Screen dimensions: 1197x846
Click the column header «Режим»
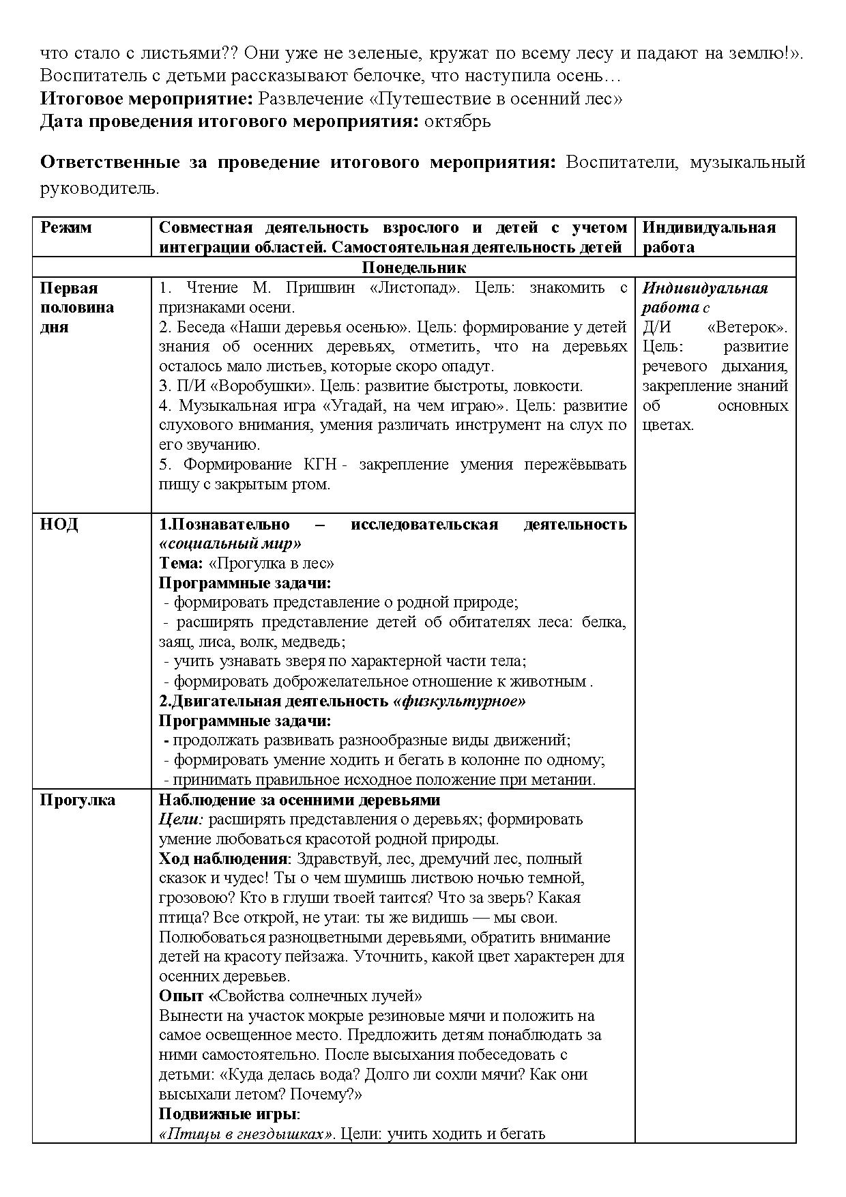(x=65, y=228)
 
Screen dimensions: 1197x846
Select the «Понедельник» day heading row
(x=413, y=268)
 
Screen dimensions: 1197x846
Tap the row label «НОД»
(x=59, y=525)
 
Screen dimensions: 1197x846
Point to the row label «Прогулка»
(x=77, y=801)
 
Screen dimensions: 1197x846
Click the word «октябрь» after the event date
(x=457, y=122)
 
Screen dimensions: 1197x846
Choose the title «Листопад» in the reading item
(x=414, y=288)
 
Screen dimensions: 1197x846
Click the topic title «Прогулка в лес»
(x=271, y=564)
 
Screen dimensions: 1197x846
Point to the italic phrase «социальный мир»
(x=230, y=544)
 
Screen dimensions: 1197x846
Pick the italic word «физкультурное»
(x=459, y=702)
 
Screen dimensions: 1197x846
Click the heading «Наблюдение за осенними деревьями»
(x=300, y=801)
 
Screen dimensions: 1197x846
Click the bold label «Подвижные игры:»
(x=229, y=1114)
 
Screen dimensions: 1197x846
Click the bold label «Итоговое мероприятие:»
(x=147, y=99)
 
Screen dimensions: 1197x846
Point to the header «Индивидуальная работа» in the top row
(x=709, y=237)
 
